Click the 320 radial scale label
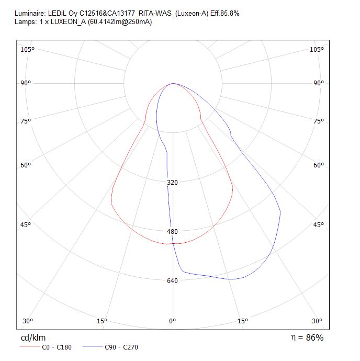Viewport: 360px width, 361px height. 172,183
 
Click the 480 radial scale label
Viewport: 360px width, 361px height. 172,231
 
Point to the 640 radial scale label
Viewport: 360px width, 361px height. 172,280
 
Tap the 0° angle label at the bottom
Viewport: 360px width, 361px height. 172,321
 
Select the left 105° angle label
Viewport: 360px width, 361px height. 27,49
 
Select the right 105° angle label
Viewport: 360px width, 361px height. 317,49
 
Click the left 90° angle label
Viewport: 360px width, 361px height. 26,83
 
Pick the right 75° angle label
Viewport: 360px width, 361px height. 319,121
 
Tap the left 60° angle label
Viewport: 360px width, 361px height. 26,165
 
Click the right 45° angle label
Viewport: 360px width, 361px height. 319,224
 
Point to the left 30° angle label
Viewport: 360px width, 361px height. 28,321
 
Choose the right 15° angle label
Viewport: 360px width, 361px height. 243,321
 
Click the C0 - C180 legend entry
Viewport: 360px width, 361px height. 46,347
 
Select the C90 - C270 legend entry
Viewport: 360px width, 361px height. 110,347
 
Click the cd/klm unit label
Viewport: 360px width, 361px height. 33,337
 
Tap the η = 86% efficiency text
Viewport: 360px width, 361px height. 307,337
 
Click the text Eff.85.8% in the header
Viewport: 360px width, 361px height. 225,14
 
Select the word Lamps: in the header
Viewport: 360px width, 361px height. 26,22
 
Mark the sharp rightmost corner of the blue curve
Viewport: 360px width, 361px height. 280,211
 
